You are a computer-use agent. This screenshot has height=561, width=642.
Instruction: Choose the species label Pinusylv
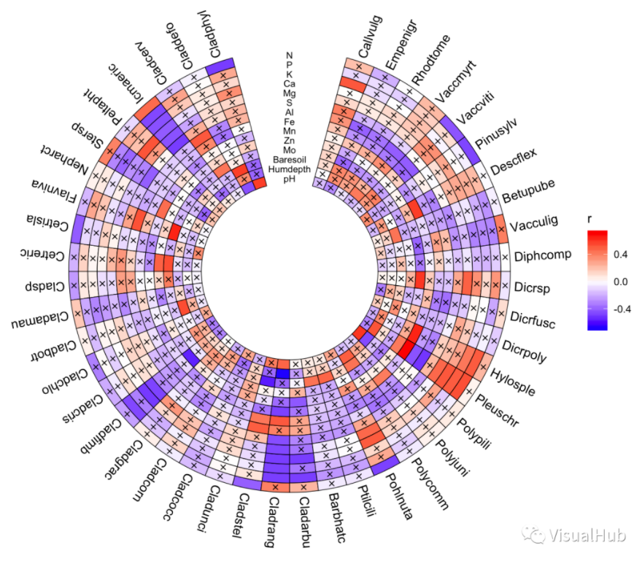click(x=495, y=132)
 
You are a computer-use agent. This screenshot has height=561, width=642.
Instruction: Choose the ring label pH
click(x=290, y=179)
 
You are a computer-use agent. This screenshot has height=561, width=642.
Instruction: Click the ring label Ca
click(x=290, y=83)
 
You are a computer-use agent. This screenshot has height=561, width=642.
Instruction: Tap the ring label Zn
click(x=290, y=140)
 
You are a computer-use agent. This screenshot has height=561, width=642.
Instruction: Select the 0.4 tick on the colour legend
click(x=620, y=255)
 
